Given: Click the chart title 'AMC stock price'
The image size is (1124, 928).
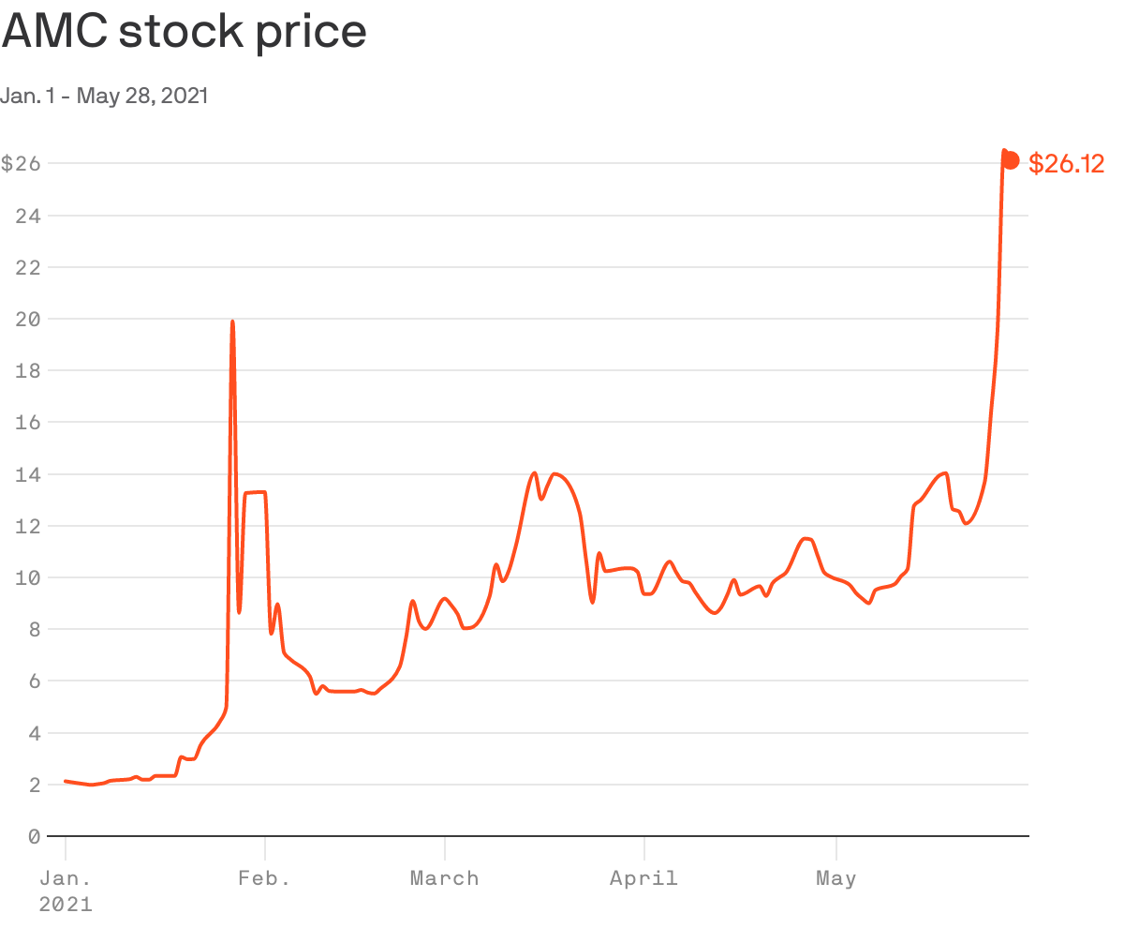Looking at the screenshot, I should (x=184, y=32).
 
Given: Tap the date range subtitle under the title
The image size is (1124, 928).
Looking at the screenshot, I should (x=104, y=96).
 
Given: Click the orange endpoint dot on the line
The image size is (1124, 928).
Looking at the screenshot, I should (x=1011, y=160).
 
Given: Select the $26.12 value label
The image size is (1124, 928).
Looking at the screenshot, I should (x=1066, y=164).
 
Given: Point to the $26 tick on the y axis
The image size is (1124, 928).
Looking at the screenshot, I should (x=21, y=163).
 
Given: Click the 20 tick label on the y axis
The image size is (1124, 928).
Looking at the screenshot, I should (x=29, y=319).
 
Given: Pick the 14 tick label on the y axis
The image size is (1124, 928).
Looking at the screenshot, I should (x=29, y=474).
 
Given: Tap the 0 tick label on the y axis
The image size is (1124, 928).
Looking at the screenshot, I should (x=35, y=836).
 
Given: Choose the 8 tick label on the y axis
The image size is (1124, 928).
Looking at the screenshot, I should (x=35, y=629).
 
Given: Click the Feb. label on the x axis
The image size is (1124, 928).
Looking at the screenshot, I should (x=264, y=878).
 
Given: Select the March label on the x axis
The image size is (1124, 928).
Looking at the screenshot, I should (x=445, y=878).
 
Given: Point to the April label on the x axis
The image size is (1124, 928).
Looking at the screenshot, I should (x=643, y=878).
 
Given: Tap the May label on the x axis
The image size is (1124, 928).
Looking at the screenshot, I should (x=836, y=878).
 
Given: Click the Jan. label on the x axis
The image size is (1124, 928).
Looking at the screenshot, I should (x=66, y=878).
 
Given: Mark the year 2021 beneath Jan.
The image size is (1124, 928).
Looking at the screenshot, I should (x=66, y=905).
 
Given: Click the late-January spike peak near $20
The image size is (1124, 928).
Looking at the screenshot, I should (x=232, y=322).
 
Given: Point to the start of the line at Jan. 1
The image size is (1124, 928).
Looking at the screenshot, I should (x=66, y=781).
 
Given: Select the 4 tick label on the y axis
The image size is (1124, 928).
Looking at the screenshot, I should (x=35, y=733).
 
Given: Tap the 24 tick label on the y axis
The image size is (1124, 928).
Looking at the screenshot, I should (x=29, y=216).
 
